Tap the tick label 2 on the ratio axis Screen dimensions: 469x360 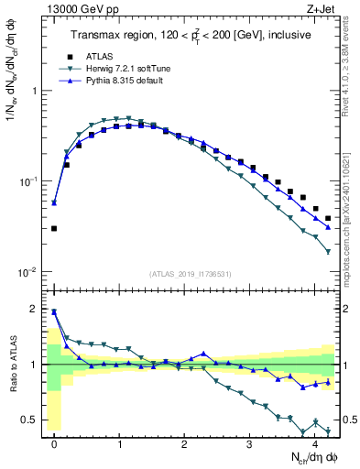[35, 310]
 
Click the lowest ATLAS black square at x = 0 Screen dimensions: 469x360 [54, 228]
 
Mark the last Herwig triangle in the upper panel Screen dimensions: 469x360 [328, 251]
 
